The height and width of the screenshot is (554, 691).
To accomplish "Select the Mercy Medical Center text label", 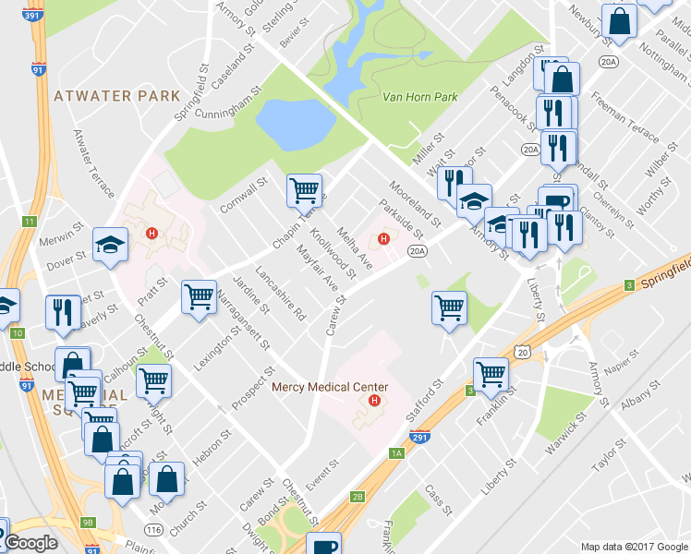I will pos(330,388).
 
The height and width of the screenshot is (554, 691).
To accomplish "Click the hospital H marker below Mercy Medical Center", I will pos(374,401).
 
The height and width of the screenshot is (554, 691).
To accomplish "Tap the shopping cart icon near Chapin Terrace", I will pos(304,190).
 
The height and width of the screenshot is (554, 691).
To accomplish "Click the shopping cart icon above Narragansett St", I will pos(199,297).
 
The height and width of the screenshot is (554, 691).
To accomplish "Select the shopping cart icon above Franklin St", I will pos(491,374).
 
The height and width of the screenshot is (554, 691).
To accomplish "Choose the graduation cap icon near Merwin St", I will pos(110,245).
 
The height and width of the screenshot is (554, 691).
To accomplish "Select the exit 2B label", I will pos(358,496).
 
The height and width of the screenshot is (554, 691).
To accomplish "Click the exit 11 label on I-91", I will pos(30,222).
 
